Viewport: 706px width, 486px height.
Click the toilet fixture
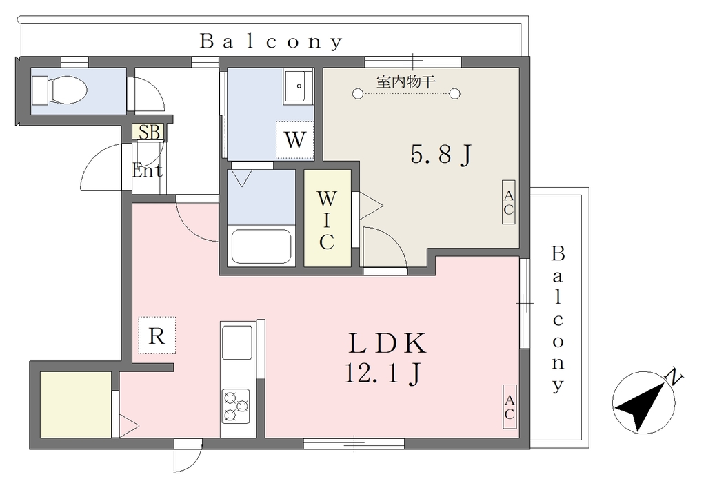tap(59, 89)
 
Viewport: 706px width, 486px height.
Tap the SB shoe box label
tap(149, 132)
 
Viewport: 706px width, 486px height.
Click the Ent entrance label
tap(148, 171)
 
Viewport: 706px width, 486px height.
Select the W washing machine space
tap(295, 139)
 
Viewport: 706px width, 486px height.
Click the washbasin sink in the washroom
tap(298, 87)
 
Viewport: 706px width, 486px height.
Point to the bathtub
tap(261, 246)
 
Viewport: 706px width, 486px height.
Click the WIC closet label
tap(327, 220)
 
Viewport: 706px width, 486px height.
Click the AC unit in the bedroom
tap(508, 202)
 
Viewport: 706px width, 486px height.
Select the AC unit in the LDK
tap(510, 407)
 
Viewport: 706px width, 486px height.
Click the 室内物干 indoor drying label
tap(405, 82)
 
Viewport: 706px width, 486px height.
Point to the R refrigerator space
tap(157, 335)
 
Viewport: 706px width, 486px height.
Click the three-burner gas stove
tap(236, 405)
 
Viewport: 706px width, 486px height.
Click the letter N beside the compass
tap(674, 376)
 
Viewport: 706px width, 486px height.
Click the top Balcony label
tap(272, 41)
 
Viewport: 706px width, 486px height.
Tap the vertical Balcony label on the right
tap(558, 319)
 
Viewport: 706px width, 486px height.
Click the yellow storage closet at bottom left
tap(76, 405)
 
